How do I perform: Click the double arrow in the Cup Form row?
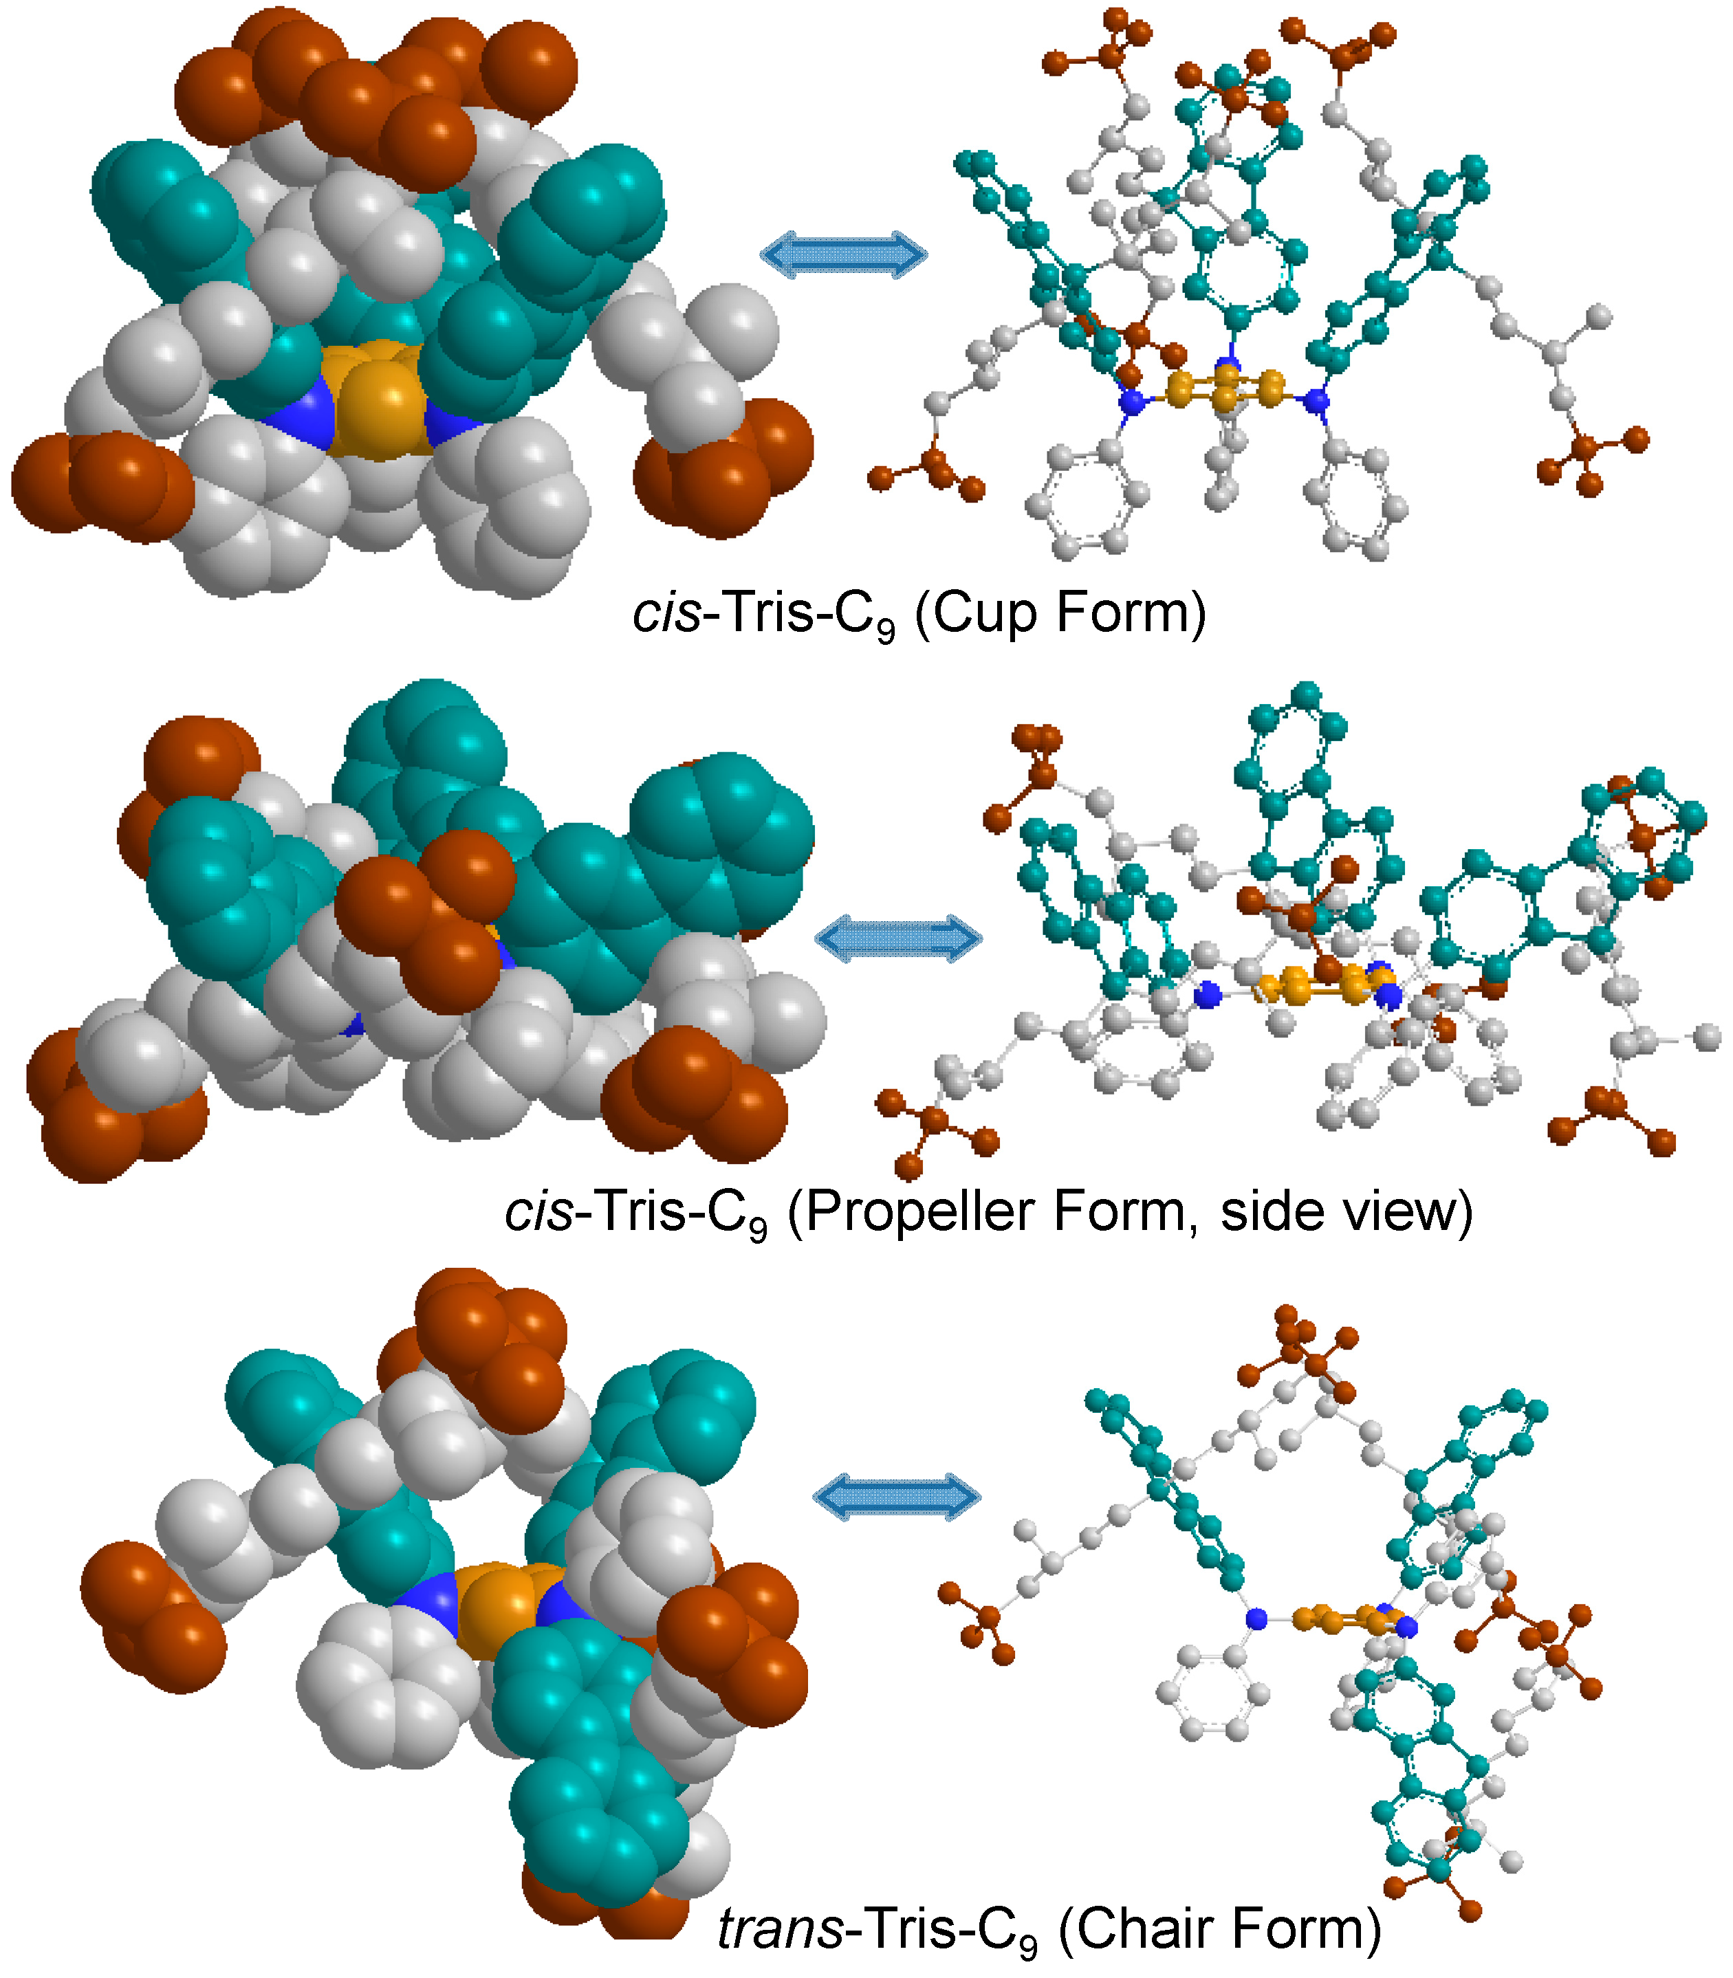pos(843,255)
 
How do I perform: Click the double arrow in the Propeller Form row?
pos(898,938)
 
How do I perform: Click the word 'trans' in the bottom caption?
pos(781,1926)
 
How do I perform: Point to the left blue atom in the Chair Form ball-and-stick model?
pos(1256,1618)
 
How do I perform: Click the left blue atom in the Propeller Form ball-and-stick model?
pos(1206,995)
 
